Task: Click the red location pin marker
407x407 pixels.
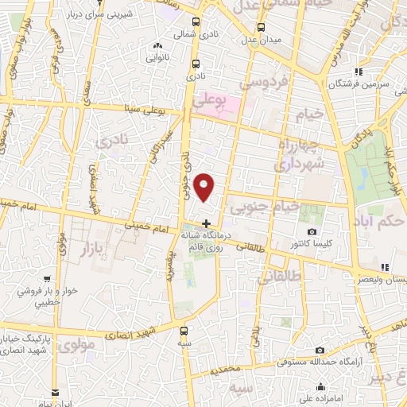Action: point(205,187)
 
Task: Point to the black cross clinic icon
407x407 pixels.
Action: point(207,223)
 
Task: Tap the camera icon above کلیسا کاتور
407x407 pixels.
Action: point(312,231)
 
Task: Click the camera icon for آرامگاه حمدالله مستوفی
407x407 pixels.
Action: point(320,350)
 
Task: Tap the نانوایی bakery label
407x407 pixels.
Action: point(156,57)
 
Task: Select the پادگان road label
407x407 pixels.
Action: point(362,139)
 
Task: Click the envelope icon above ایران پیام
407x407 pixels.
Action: point(54,393)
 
